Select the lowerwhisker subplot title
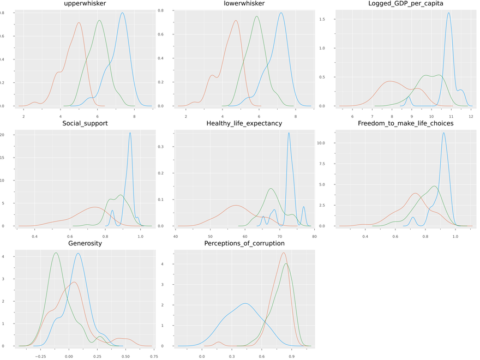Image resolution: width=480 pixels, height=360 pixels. tap(244, 4)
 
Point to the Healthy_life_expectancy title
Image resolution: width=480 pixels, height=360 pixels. tap(244, 123)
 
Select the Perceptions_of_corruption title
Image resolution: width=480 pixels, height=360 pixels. tap(244, 243)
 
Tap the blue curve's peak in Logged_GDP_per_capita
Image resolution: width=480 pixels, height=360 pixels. tap(448, 13)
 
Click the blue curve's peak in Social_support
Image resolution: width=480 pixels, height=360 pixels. tap(130, 133)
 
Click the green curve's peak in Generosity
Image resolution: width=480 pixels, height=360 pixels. tap(56, 253)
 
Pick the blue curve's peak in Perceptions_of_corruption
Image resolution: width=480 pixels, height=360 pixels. tap(245, 303)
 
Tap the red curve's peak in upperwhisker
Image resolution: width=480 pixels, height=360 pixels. tap(79, 23)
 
